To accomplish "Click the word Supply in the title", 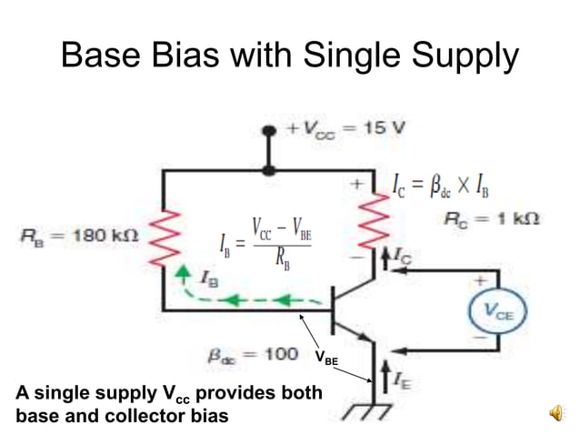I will tap(465, 57).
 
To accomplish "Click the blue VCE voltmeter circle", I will tap(496, 310).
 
